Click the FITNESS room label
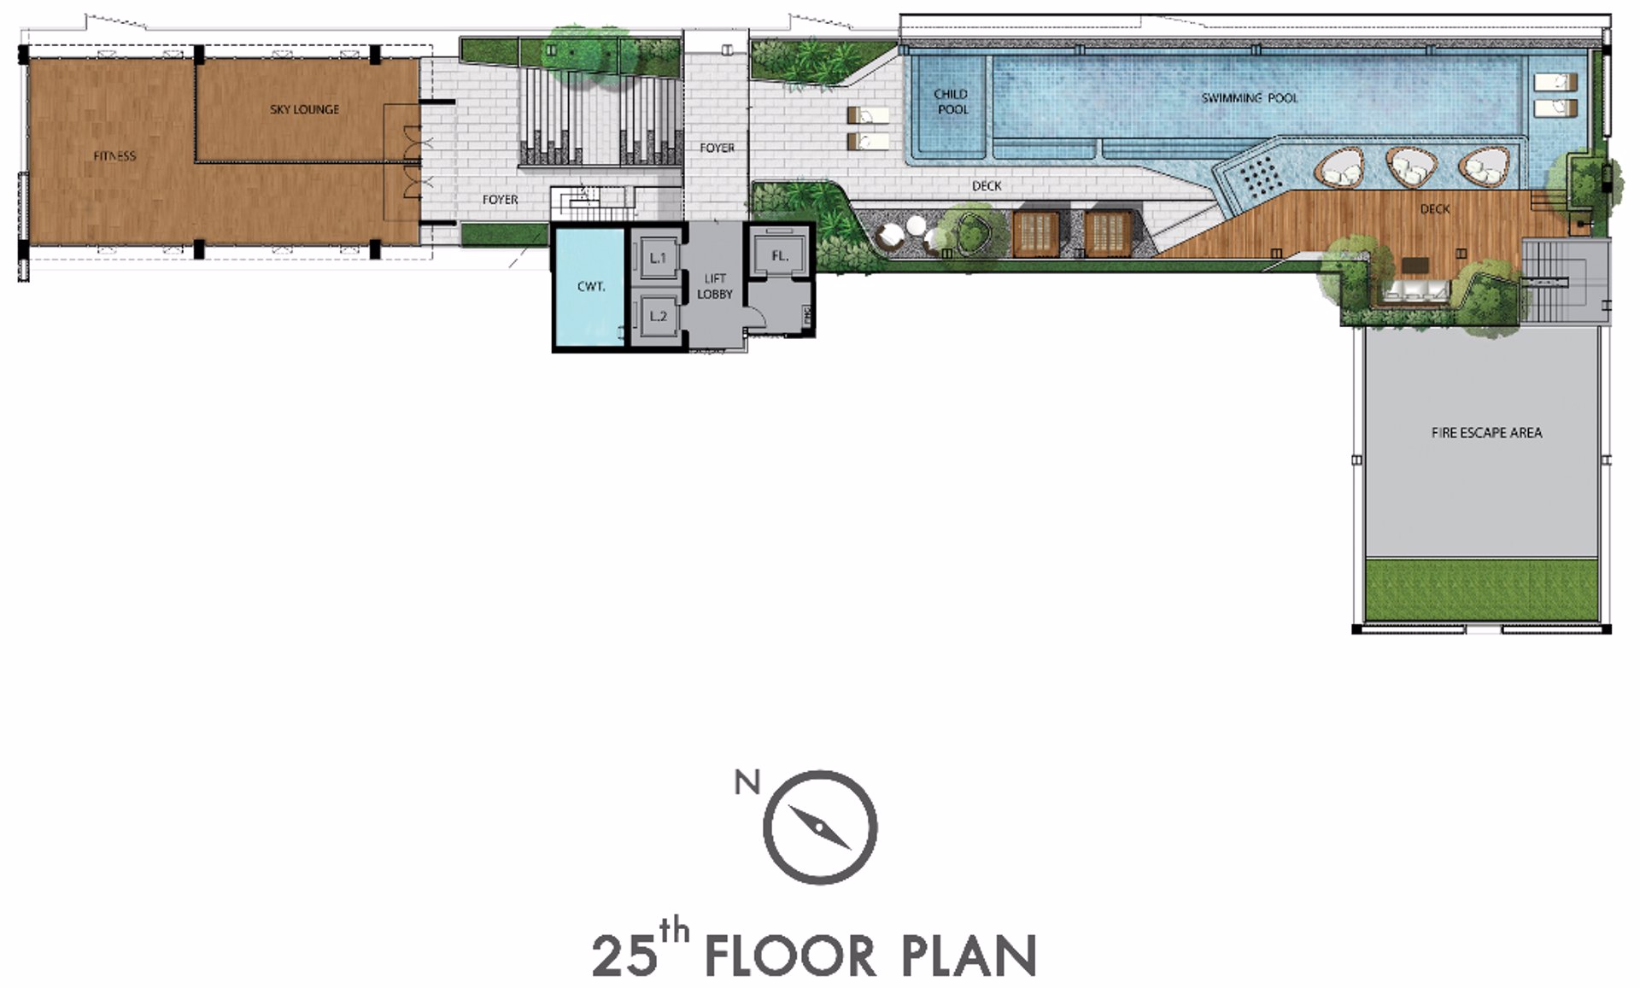coord(114,156)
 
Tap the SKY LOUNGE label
coord(305,109)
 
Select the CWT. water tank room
coord(589,286)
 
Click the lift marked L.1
coord(658,257)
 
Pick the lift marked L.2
coord(658,316)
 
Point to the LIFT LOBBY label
coord(715,286)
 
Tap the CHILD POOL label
coord(952,102)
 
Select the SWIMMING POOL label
coord(1249,98)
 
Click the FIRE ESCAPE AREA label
coord(1486,433)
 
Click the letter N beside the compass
coord(747,782)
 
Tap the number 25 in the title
coord(624,956)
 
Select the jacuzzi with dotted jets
coord(1256,176)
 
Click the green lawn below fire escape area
coord(1481,590)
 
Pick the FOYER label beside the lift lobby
coord(717,148)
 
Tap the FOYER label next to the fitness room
coord(500,200)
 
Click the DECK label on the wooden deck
coord(1435,209)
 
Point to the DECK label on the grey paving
coord(987,185)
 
